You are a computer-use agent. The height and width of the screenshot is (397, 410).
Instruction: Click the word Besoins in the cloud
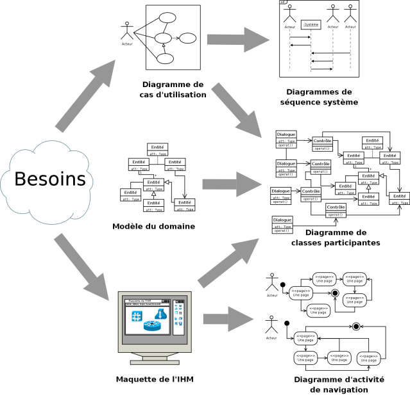tap(51, 179)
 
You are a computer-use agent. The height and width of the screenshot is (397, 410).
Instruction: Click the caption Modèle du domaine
tap(154, 226)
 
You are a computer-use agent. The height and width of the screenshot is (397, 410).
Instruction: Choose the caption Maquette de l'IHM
tap(155, 379)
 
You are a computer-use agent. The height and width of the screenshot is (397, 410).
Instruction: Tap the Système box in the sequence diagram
tap(311, 25)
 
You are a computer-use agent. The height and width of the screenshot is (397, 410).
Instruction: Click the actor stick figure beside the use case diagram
tap(127, 32)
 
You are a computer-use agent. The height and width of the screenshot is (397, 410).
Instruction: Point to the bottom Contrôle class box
tap(336, 210)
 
